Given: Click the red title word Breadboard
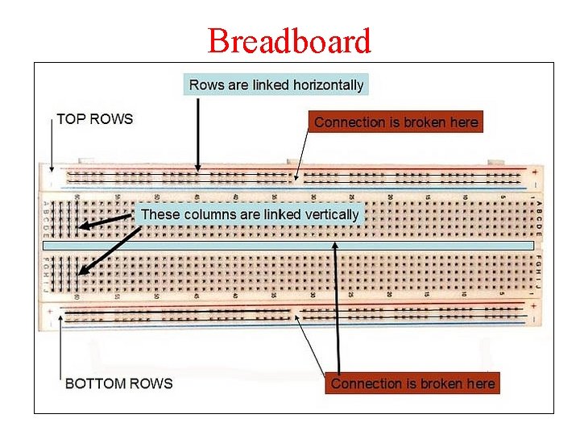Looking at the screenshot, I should coord(289,40).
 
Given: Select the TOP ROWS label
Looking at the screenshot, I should coord(94,119).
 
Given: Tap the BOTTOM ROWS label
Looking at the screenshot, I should coord(118,383).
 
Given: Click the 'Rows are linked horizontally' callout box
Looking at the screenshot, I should coord(275,85).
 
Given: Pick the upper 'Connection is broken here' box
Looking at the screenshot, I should coord(396,122).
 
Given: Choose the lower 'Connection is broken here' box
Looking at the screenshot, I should coord(412,383).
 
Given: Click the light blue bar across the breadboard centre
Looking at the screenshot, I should coord(288,245).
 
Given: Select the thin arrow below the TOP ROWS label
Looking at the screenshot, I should coord(51,149).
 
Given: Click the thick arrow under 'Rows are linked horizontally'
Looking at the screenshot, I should coord(197,133).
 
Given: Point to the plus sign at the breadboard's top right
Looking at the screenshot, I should coord(532,170).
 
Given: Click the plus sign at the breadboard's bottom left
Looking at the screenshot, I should coord(51,310).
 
